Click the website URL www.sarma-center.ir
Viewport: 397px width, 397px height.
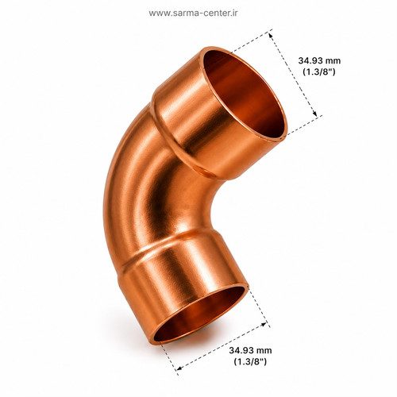pos(193,13)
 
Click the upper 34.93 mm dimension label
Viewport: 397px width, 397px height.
pos(319,60)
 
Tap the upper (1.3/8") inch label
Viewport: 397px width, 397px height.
pos(319,71)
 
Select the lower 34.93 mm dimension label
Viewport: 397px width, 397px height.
pos(250,350)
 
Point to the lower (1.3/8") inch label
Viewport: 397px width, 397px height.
pos(250,361)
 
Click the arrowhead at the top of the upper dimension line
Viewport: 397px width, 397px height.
pos(271,35)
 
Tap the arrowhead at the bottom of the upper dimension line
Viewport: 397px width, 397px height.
pos(314,114)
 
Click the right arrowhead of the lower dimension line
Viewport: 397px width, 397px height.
pos(264,324)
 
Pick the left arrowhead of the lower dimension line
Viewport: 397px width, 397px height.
pos(179,368)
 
